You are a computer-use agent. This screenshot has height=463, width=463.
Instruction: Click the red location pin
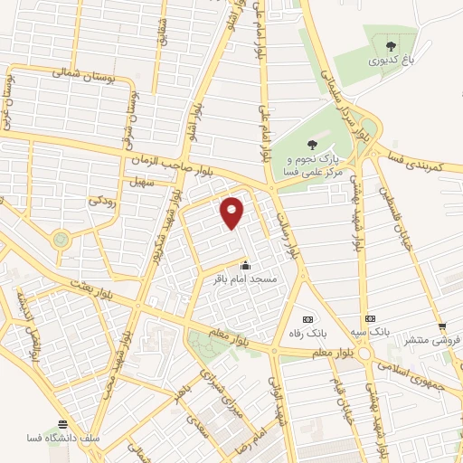click(x=233, y=212)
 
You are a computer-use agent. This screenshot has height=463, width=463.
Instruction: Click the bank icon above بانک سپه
click(x=369, y=319)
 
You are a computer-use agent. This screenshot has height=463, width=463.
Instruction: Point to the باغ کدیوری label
click(x=390, y=61)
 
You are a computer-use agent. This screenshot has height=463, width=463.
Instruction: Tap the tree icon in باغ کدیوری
click(x=391, y=45)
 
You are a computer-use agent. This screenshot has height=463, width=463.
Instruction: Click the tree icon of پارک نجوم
click(x=312, y=143)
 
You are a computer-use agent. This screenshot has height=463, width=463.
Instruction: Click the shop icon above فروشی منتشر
click(x=441, y=326)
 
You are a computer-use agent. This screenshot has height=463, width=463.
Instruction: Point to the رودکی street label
click(x=99, y=204)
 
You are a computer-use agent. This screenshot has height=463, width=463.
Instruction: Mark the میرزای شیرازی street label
click(x=215, y=389)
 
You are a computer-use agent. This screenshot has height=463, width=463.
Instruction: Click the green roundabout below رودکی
click(x=61, y=240)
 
